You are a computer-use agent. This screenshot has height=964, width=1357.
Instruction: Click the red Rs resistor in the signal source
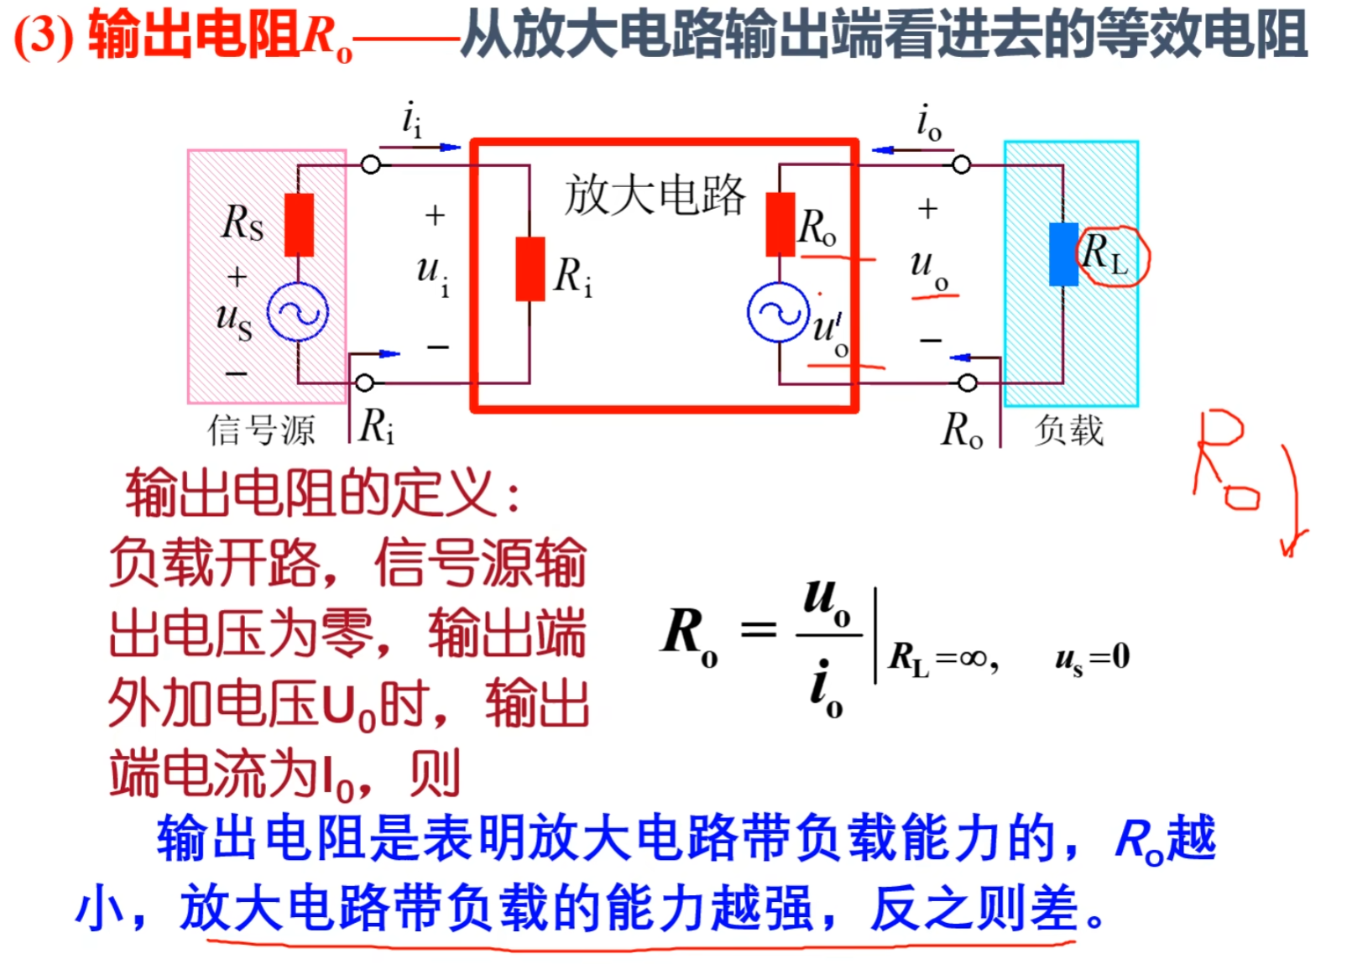pyautogui.click(x=299, y=224)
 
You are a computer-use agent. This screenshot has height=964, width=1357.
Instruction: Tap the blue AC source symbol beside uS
pyautogui.click(x=298, y=313)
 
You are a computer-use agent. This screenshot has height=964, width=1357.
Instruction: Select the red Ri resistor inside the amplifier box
pyautogui.click(x=530, y=268)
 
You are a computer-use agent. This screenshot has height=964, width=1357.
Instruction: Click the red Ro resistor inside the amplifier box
pyautogui.click(x=780, y=224)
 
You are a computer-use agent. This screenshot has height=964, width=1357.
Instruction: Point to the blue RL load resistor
pyautogui.click(x=1063, y=254)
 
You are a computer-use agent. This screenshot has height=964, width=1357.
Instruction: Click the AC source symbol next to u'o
pyautogui.click(x=778, y=313)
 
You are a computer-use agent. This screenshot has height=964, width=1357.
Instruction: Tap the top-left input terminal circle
pyautogui.click(x=370, y=164)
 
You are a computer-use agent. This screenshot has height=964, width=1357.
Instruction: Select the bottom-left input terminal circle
pyautogui.click(x=364, y=383)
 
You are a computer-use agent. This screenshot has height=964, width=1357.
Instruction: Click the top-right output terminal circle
pyautogui.click(x=962, y=164)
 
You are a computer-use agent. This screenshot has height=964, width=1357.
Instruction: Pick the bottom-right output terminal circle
pyautogui.click(x=968, y=383)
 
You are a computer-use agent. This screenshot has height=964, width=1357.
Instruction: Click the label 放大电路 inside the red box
pyautogui.click(x=654, y=195)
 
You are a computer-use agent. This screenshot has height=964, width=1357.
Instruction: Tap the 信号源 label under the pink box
pyautogui.click(x=261, y=430)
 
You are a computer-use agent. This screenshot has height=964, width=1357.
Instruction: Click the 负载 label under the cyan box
pyautogui.click(x=1068, y=430)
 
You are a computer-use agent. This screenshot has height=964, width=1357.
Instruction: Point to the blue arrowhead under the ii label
pyautogui.click(x=451, y=148)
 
